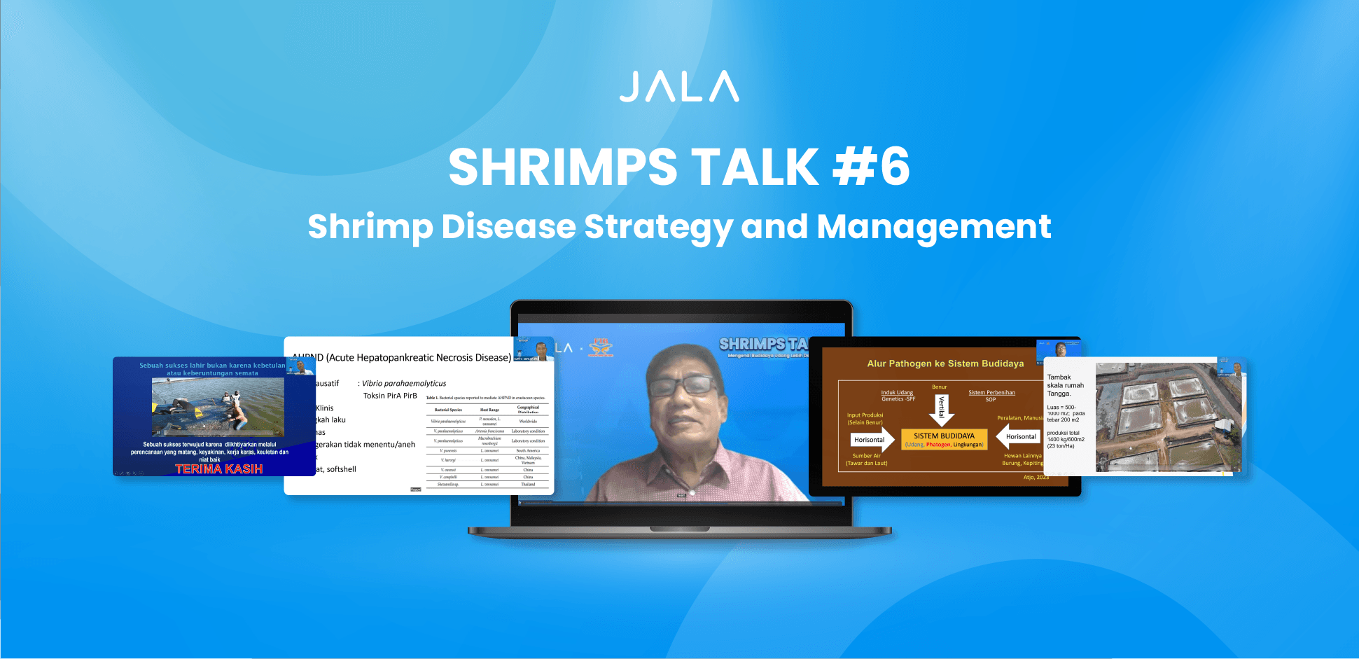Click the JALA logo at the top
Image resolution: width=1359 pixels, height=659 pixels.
[x=679, y=87]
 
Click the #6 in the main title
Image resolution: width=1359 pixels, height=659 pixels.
[x=871, y=167]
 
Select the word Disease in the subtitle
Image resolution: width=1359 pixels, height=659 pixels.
[x=508, y=227]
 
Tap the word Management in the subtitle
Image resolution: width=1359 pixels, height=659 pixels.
[x=934, y=227]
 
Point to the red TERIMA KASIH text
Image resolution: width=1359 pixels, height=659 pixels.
[x=218, y=469]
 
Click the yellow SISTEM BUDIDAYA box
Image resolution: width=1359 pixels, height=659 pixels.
[x=944, y=439]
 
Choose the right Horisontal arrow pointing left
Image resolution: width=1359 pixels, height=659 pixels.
[x=1018, y=437]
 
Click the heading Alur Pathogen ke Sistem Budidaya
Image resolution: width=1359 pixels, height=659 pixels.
[x=945, y=363]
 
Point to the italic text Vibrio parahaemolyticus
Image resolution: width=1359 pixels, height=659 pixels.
[x=404, y=383]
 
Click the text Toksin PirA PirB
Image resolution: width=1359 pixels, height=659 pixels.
[x=390, y=396]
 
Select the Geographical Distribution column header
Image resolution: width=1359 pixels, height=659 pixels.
[x=528, y=409]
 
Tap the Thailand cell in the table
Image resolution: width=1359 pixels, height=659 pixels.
[x=528, y=484]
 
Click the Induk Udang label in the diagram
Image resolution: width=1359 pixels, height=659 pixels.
[x=897, y=392]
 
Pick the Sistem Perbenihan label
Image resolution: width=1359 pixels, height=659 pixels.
[x=991, y=392]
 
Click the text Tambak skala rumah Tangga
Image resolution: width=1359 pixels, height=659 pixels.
[x=1065, y=385]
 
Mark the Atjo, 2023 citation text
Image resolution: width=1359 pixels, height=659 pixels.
[x=1036, y=477]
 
